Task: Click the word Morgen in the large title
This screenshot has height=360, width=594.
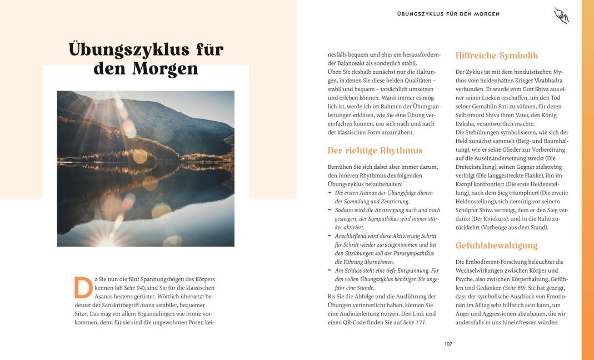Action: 166,69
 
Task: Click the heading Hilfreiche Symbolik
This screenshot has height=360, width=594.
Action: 497,56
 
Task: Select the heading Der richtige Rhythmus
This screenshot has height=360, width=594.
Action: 375,151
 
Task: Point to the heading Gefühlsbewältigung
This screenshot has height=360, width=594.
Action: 497,246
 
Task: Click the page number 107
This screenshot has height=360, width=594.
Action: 448,344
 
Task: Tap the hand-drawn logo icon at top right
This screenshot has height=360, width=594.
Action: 561,16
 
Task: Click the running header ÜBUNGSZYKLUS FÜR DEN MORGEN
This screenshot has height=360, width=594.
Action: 448,14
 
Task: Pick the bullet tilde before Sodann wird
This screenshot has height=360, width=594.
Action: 330,210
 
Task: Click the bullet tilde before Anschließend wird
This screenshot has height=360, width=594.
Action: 330,236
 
